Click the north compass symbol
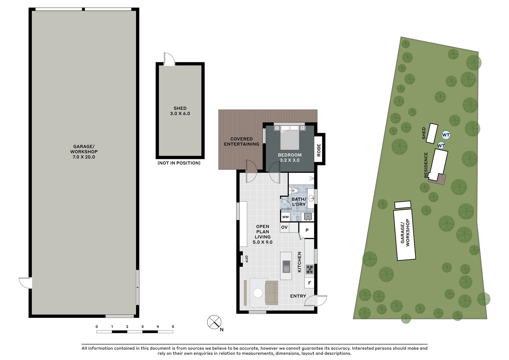pos(214,322)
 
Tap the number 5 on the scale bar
pos(173,327)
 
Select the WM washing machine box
pos(286,217)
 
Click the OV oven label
pos(284,227)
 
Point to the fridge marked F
pos(309,283)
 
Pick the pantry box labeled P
pos(307,230)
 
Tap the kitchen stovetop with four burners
pos(309,269)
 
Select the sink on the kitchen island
pos(286,266)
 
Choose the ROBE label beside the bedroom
pos(319,150)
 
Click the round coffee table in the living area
pos(258,293)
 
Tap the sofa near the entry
pos(272,293)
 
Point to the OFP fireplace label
pos(246,259)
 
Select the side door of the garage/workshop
pos(25,283)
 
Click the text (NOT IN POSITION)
pos(179,163)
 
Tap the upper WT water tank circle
pos(446,135)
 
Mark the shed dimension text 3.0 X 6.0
pos(180,113)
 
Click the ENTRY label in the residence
pos(298,296)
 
